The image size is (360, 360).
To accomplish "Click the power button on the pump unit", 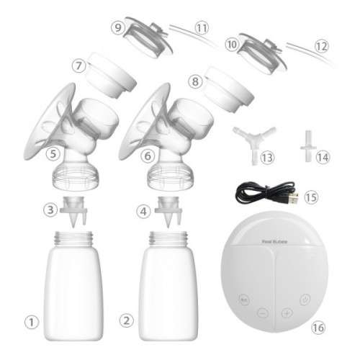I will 307,297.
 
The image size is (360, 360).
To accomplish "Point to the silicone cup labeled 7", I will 114,76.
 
